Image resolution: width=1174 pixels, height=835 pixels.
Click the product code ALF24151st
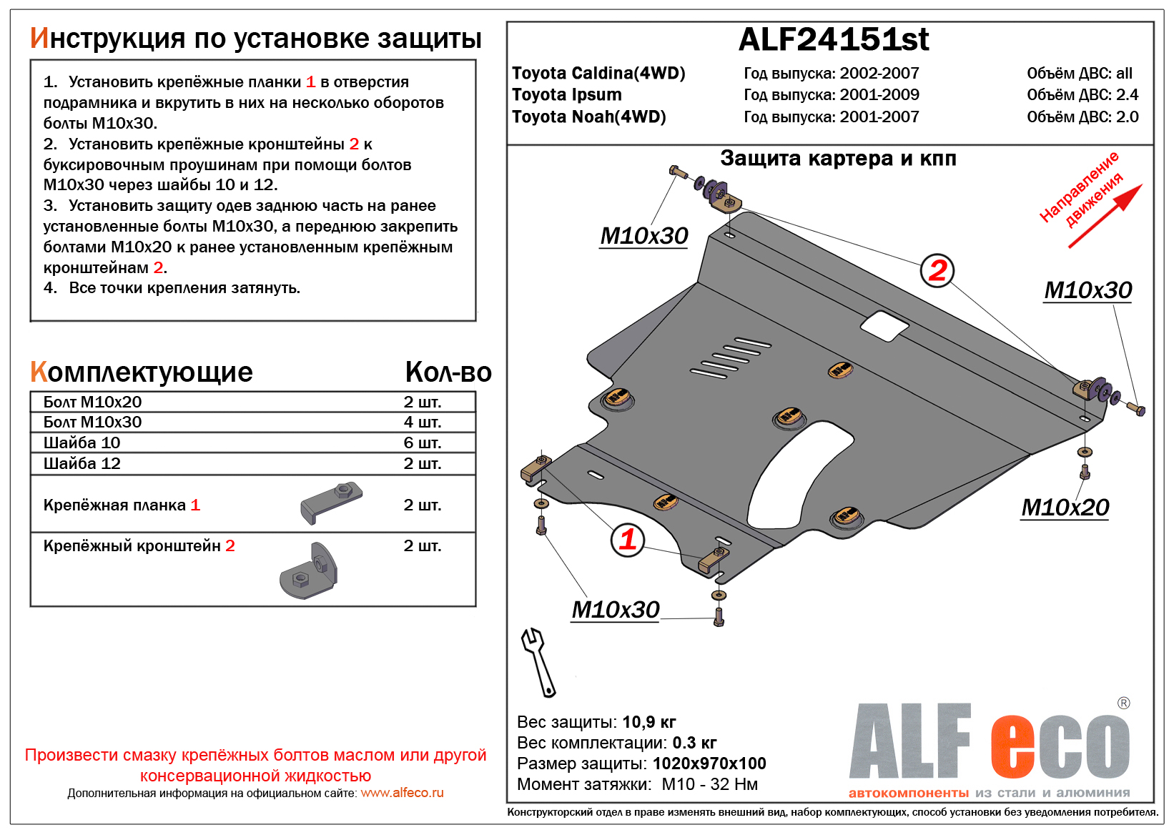coord(834,40)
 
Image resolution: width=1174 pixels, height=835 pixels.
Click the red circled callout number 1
coord(628,539)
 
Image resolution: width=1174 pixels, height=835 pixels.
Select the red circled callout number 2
coord(937,270)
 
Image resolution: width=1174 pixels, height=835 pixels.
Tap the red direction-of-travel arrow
coord(1105,216)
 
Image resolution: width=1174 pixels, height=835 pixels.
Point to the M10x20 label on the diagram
coord(1065,508)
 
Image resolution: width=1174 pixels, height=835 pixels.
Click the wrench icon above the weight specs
coord(538,662)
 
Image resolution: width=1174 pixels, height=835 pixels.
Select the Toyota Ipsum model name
coord(567,95)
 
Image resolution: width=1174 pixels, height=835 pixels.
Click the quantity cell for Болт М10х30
coord(423,423)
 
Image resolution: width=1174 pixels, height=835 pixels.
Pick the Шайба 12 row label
coord(82,463)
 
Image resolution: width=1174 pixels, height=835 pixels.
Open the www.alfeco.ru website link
coord(402,793)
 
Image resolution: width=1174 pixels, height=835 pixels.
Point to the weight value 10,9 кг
coord(648,722)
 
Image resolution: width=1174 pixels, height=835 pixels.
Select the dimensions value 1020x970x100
coord(709,764)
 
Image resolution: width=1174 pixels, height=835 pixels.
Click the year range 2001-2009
coord(879,95)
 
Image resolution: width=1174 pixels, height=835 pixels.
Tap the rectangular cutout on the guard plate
coord(885,325)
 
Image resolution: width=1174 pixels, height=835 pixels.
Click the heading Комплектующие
coord(142,372)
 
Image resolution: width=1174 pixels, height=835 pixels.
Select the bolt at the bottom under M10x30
coord(719,616)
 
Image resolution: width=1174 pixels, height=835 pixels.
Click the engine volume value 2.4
coord(1127,95)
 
